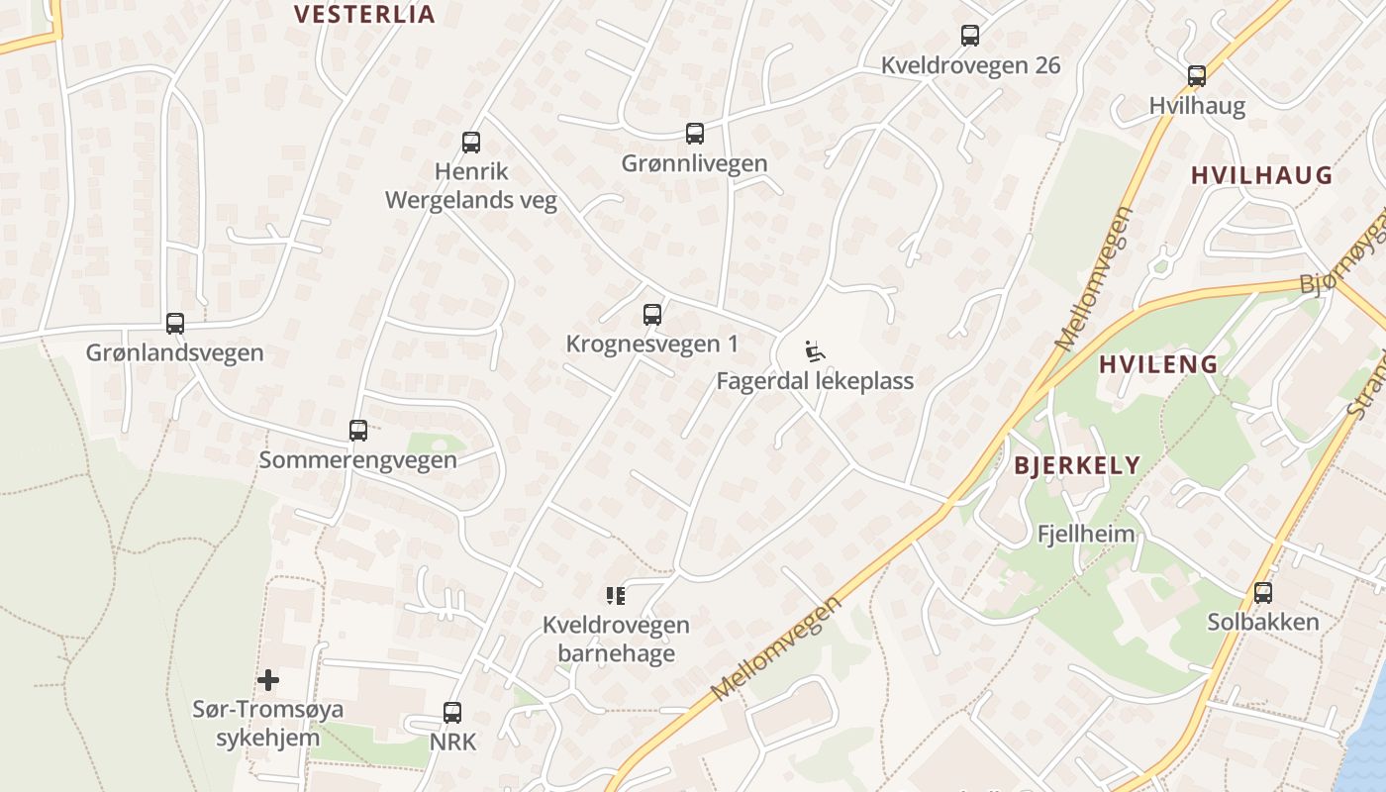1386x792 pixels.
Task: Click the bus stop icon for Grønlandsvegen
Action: pos(175,324)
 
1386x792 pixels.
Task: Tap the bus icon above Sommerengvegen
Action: pos(358,431)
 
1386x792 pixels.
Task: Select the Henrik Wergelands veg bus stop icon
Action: pos(471,143)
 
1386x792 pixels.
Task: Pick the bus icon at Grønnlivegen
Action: pos(695,134)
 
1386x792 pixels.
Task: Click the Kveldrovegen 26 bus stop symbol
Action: pos(970,36)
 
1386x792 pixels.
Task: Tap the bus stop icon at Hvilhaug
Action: pos(1197,76)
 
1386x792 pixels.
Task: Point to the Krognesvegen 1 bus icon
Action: pos(652,315)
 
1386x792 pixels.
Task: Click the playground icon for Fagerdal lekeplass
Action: pos(815,351)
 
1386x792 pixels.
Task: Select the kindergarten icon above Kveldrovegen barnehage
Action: pos(616,595)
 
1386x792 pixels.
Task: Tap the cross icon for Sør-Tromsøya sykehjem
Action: pos(268,680)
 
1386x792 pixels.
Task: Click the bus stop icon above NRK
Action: pos(452,712)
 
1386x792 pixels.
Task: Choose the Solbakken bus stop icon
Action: pos(1263,593)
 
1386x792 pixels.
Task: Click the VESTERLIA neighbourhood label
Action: pos(365,14)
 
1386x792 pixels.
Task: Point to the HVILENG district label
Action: pos(1158,364)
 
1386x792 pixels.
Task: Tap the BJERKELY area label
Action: pos(1077,465)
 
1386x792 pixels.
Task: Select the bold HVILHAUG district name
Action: pos(1261,176)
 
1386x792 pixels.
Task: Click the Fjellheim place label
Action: pos(1086,534)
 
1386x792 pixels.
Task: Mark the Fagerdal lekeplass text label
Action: pos(815,381)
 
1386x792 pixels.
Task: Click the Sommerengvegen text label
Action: pos(358,460)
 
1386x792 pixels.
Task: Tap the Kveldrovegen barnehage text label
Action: pos(616,640)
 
